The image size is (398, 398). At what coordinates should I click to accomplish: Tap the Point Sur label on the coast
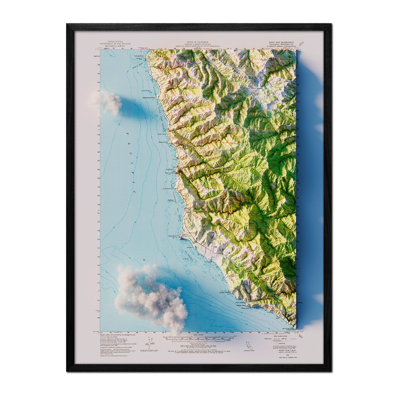pyautogui.click(x=172, y=236)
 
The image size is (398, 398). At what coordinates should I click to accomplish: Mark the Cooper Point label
pyautogui.click(x=224, y=293)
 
